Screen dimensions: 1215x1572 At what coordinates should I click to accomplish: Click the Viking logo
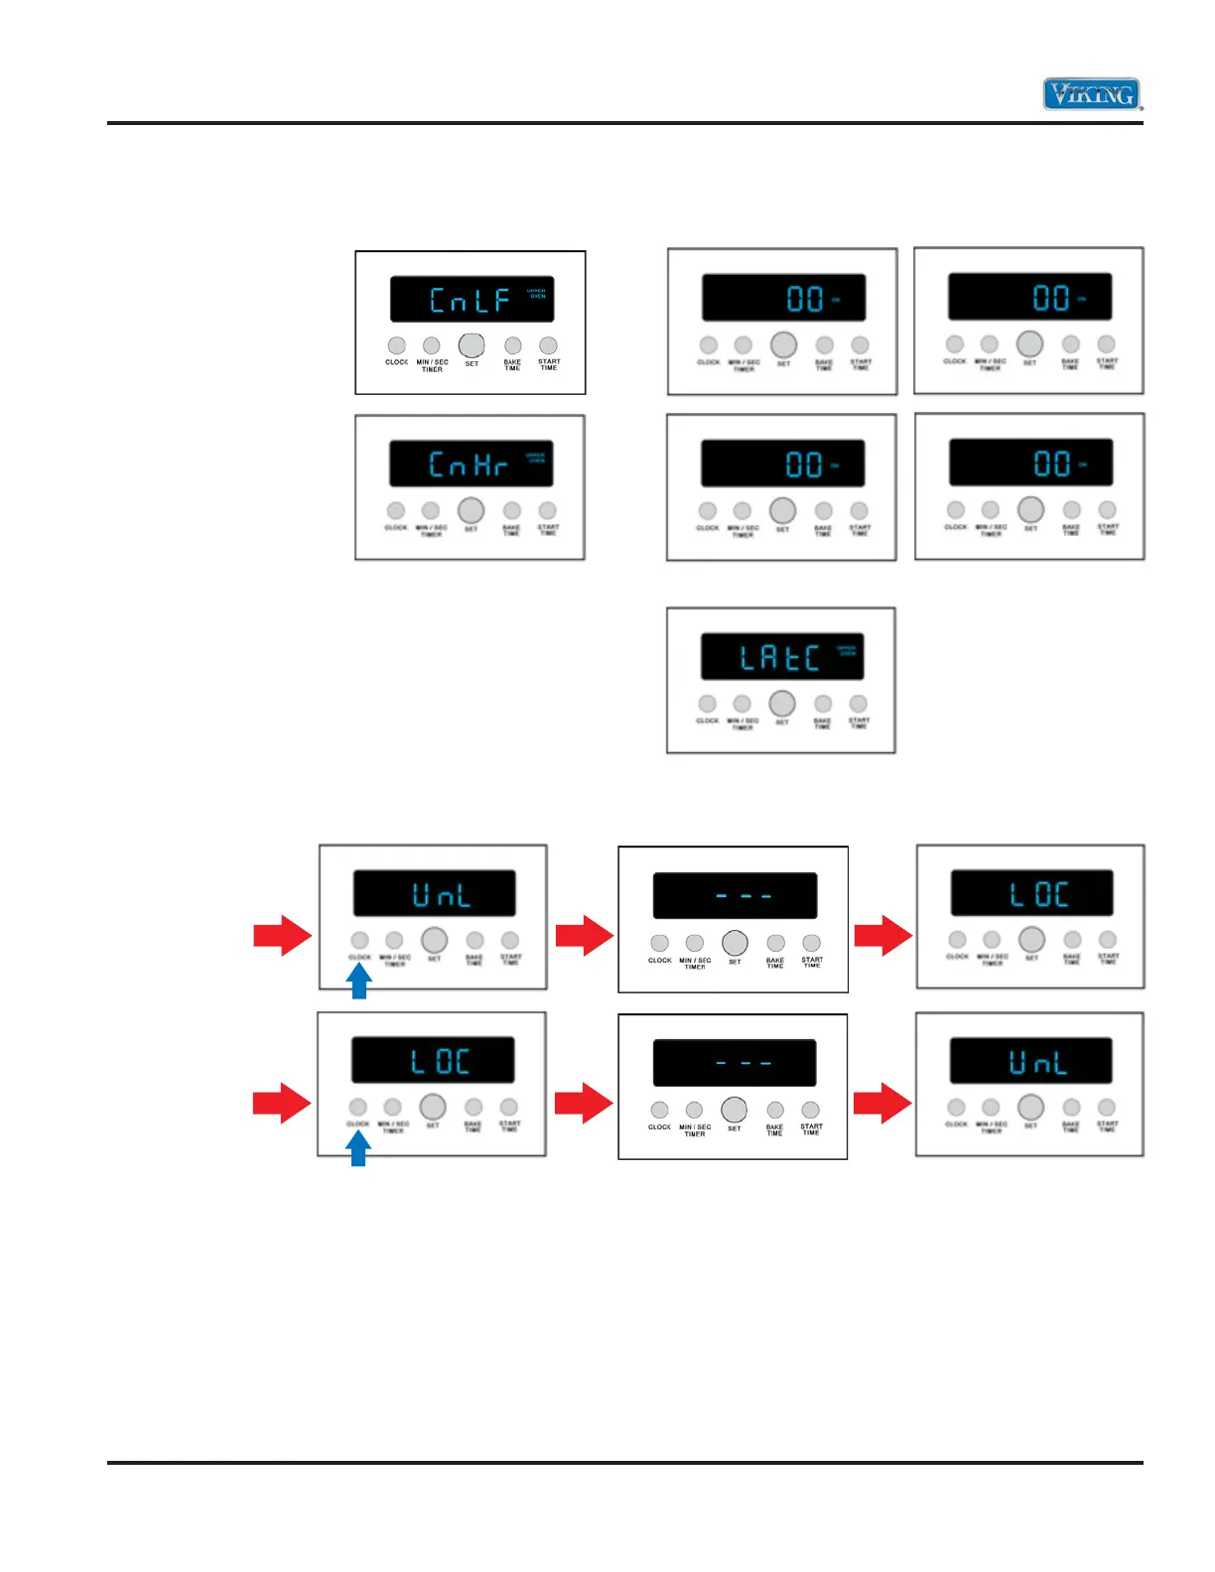[x=1092, y=94]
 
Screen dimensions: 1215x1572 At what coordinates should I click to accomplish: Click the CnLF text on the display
[x=470, y=300]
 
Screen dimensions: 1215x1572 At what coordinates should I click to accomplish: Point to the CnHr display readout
[x=469, y=464]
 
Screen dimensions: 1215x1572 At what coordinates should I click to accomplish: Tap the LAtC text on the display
[x=779, y=658]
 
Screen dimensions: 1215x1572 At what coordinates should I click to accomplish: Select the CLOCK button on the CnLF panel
[x=396, y=345]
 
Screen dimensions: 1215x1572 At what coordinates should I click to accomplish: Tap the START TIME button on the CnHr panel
[x=547, y=510]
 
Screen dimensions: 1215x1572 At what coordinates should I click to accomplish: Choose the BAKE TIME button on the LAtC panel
[x=823, y=704]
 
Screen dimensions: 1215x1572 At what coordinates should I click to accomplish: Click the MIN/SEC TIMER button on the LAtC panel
[x=742, y=704]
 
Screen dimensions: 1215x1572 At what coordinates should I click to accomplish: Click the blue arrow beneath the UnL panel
[x=359, y=982]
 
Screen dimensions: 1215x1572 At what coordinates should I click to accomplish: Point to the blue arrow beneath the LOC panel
[x=358, y=1149]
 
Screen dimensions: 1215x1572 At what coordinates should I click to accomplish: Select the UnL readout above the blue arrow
[x=442, y=896]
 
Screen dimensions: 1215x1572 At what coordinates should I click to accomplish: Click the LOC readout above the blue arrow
[x=440, y=1063]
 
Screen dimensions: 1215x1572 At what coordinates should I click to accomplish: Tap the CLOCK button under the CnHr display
[x=395, y=510]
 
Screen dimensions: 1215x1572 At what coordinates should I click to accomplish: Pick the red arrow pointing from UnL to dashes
[x=584, y=935]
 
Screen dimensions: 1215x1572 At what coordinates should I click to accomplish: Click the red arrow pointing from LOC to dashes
[x=583, y=1103]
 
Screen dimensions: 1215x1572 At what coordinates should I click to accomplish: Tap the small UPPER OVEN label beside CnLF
[x=537, y=293]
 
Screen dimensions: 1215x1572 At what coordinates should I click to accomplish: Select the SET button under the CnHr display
[x=471, y=510]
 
